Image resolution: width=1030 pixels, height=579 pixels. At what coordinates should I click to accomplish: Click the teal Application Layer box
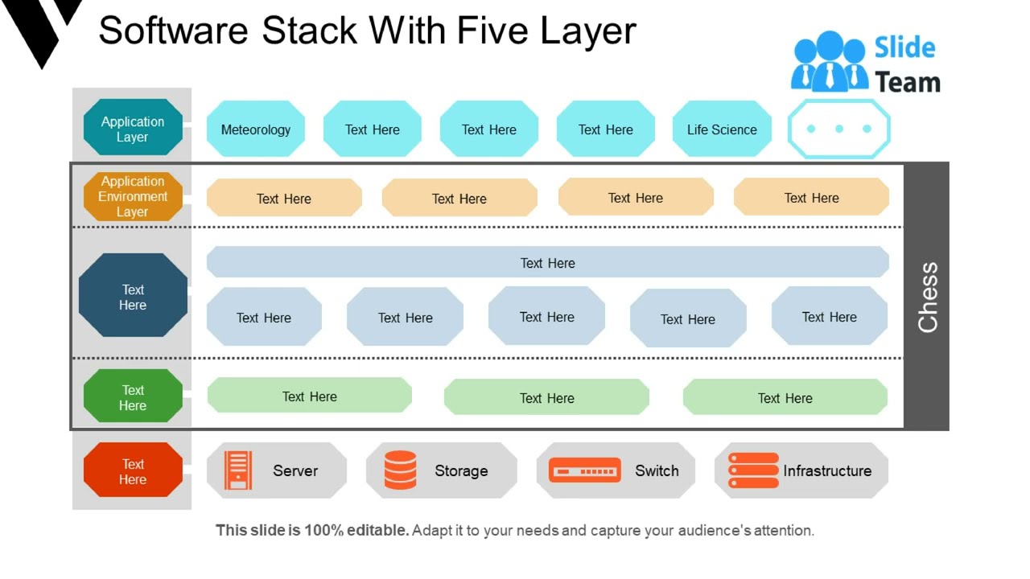pyautogui.click(x=133, y=128)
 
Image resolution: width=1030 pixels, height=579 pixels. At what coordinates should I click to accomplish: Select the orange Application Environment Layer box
pyautogui.click(x=133, y=196)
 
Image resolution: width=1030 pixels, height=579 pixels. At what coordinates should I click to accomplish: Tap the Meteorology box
pyautogui.click(x=256, y=129)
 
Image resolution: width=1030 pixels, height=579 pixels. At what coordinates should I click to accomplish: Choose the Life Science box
pyautogui.click(x=722, y=129)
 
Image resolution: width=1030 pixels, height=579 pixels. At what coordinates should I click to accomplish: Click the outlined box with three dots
pyautogui.click(x=838, y=129)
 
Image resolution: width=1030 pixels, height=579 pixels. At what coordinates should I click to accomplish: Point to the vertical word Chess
pyautogui.click(x=928, y=297)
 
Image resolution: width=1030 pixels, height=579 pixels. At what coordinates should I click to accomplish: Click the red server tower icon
pyautogui.click(x=238, y=470)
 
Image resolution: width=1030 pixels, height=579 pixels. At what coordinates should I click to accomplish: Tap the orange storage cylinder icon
pyautogui.click(x=400, y=470)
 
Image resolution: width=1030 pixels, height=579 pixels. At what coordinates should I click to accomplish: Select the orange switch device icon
pyautogui.click(x=584, y=470)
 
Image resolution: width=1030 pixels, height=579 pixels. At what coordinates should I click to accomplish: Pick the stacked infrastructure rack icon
pyautogui.click(x=752, y=470)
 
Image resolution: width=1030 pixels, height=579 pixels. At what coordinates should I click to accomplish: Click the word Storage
pyautogui.click(x=461, y=471)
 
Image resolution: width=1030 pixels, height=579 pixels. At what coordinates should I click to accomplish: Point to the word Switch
pyautogui.click(x=657, y=471)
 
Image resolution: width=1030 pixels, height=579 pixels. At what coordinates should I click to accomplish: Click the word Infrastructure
pyautogui.click(x=827, y=471)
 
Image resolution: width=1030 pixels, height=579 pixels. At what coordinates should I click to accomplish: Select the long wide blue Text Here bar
pyautogui.click(x=547, y=263)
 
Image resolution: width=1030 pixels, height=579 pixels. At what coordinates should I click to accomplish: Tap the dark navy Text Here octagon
pyautogui.click(x=133, y=297)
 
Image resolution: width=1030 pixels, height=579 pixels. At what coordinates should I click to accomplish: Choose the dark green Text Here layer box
pyautogui.click(x=133, y=397)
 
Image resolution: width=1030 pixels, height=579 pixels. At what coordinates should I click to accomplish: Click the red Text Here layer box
pyautogui.click(x=133, y=471)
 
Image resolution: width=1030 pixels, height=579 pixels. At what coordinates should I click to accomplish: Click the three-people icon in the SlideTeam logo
pyautogui.click(x=830, y=63)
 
